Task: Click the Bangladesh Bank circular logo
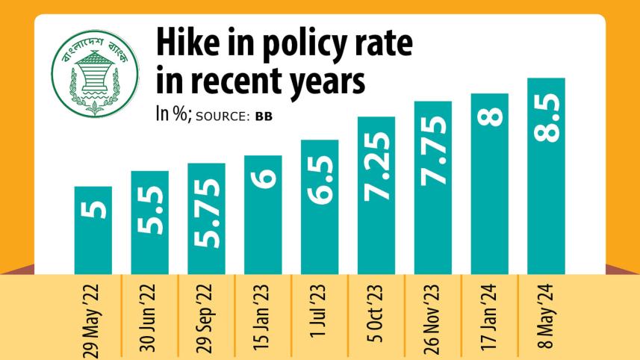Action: point(85,73)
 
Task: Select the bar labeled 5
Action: point(93,230)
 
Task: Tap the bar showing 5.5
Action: point(149,222)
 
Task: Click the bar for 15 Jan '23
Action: point(263,214)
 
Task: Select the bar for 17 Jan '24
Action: point(489,184)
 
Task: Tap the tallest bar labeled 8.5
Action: point(546,176)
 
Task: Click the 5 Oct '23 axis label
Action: point(377,313)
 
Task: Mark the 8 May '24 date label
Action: point(547,313)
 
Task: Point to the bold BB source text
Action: point(264,117)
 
